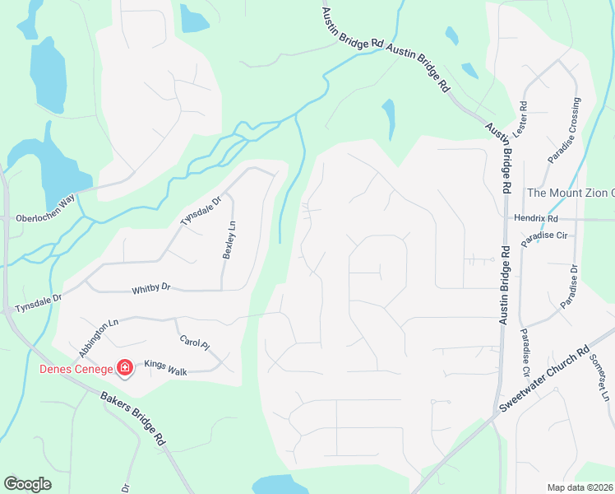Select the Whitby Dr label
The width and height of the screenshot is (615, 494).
[x=150, y=289]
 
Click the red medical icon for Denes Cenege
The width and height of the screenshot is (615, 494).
[x=125, y=367]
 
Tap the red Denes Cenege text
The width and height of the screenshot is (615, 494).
[x=77, y=368]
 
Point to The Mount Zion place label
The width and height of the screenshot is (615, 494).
[x=570, y=193]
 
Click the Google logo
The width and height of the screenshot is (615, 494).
[x=27, y=484]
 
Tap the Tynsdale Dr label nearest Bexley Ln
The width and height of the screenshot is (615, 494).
[x=201, y=212]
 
